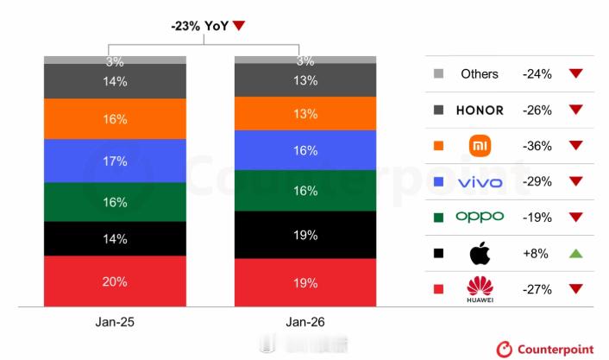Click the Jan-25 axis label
[x=115, y=322]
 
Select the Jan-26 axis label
[x=306, y=322]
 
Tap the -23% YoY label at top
[x=201, y=26]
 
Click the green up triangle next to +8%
[x=575, y=254]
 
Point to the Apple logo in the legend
[x=480, y=254]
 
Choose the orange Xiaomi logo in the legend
[x=480, y=146]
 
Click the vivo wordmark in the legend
[x=480, y=182]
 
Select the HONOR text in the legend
[x=480, y=111]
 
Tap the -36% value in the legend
[x=537, y=146]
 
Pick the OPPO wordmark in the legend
[x=480, y=218]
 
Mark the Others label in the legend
[x=480, y=74]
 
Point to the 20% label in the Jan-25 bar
[x=115, y=281]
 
